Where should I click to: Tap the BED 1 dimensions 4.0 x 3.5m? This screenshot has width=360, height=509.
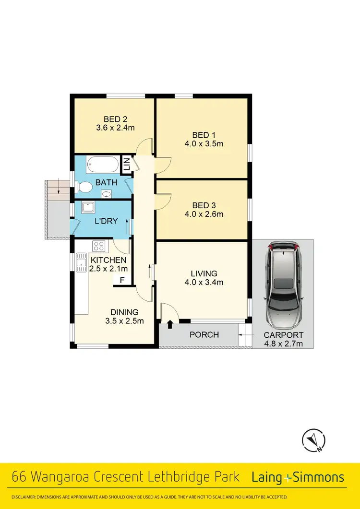click(x=204, y=143)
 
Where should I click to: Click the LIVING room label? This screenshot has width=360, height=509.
click(x=204, y=273)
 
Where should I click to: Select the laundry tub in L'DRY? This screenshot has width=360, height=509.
click(x=88, y=207)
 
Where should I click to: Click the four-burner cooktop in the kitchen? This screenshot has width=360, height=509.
click(x=99, y=246)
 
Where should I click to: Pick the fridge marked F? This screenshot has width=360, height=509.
click(x=122, y=280)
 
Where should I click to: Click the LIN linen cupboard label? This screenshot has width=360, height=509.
click(x=126, y=166)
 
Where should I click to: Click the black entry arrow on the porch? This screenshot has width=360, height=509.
click(x=169, y=325)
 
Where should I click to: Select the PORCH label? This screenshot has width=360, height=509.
click(x=204, y=334)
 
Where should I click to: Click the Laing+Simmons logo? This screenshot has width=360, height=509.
click(x=298, y=477)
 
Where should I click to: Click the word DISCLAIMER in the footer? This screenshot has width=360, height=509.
click(x=28, y=497)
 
